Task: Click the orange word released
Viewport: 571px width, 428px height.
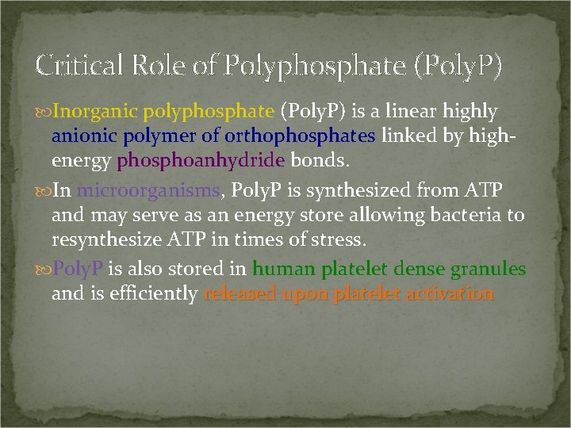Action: coord(239,294)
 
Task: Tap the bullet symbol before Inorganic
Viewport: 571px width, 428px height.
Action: coord(44,113)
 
